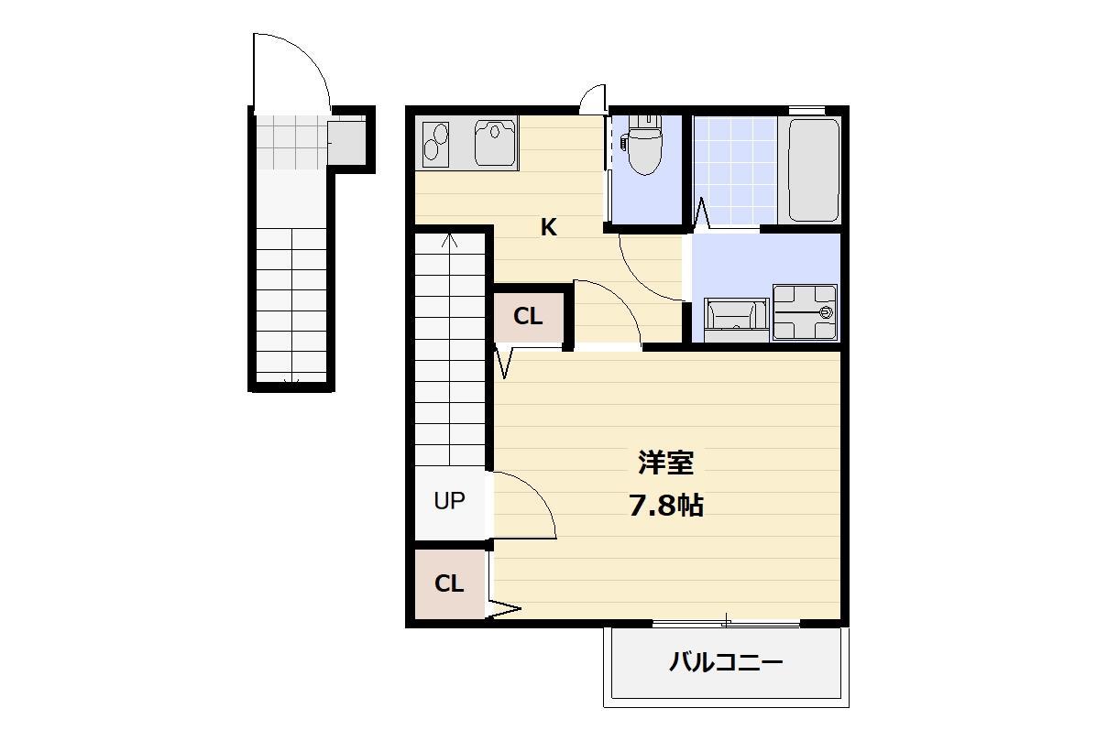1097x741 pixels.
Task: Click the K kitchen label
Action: pyautogui.click(x=548, y=227)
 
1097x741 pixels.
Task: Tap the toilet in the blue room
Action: pyautogui.click(x=643, y=145)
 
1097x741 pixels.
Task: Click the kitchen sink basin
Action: pyautogui.click(x=496, y=142)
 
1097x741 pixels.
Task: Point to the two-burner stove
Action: pyautogui.click(x=435, y=144)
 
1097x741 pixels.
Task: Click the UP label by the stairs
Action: pyautogui.click(x=449, y=500)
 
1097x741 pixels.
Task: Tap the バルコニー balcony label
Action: pyautogui.click(x=726, y=661)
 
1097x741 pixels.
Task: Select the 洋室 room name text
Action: pyautogui.click(x=666, y=463)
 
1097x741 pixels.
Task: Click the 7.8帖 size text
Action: pyautogui.click(x=666, y=505)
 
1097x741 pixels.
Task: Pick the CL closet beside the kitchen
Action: pyautogui.click(x=528, y=317)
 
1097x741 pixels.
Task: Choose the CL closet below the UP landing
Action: pyautogui.click(x=449, y=583)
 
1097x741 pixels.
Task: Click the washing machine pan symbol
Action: pyautogui.click(x=805, y=312)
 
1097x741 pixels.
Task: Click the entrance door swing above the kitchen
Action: pyautogui.click(x=593, y=98)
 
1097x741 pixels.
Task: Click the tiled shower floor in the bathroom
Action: pyautogui.click(x=735, y=171)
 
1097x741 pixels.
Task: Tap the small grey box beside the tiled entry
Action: pyautogui.click(x=346, y=140)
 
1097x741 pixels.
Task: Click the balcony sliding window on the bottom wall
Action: pyautogui.click(x=726, y=621)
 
